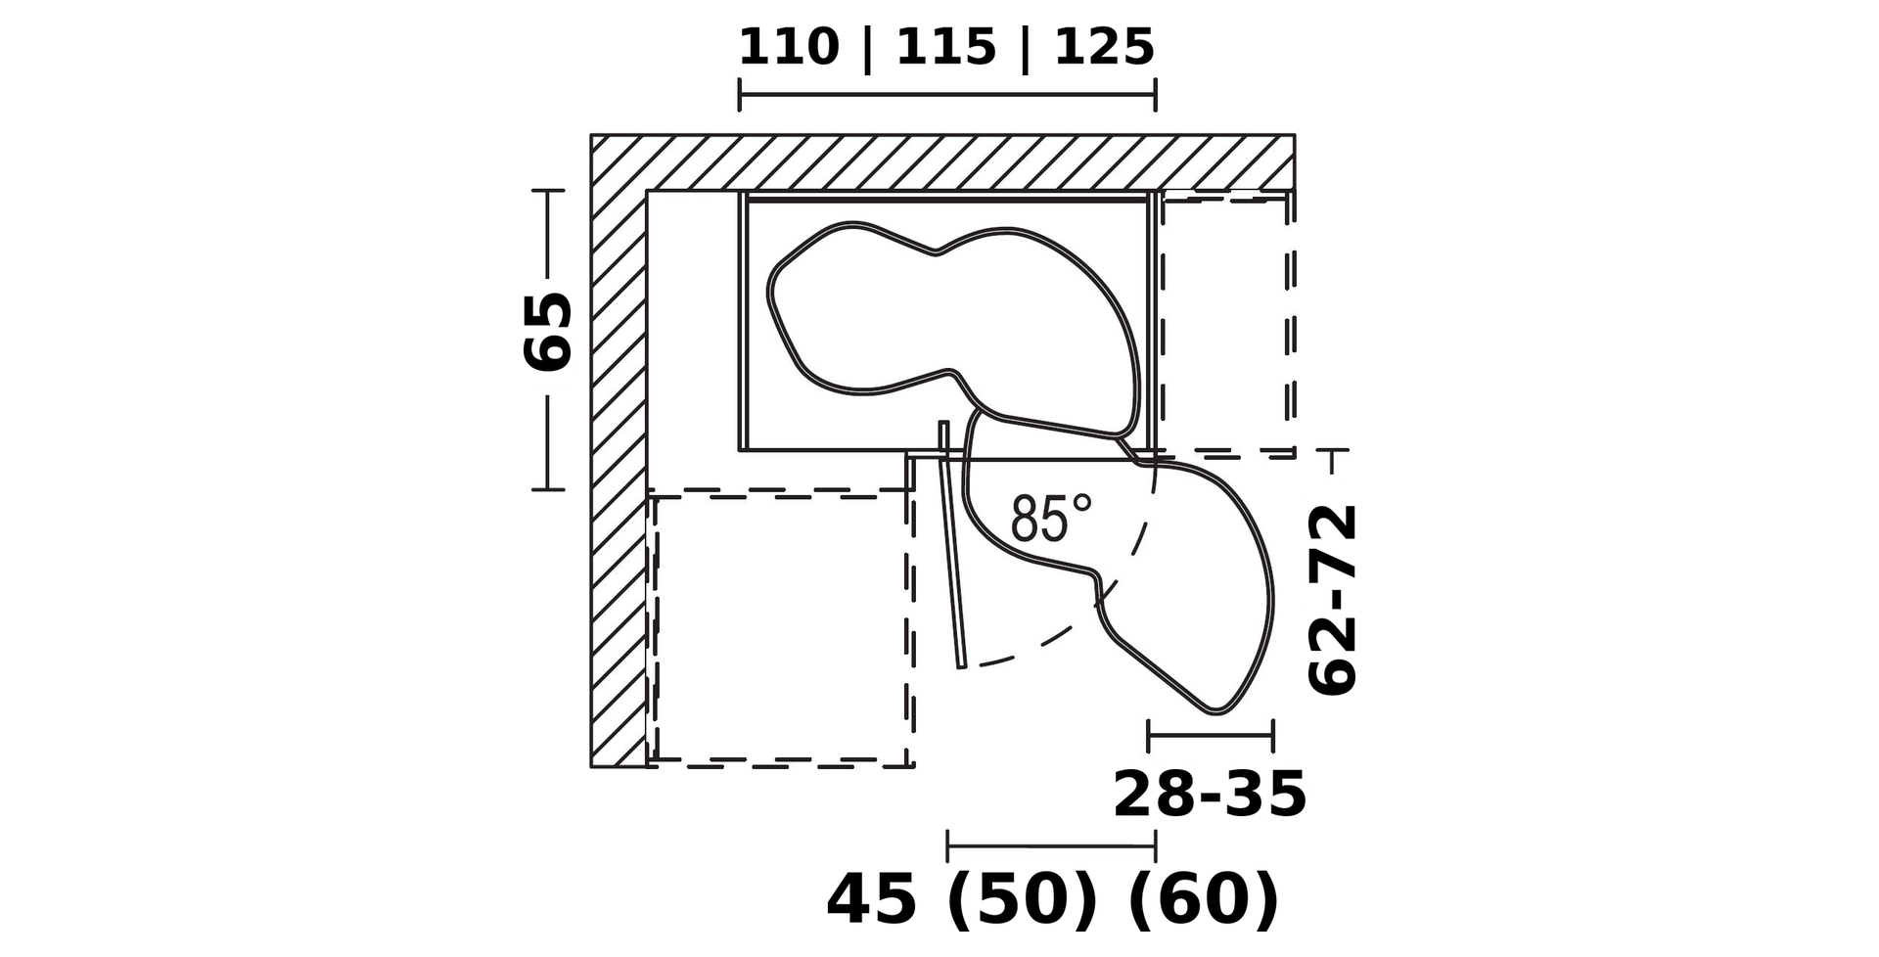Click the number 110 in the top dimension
(x=788, y=47)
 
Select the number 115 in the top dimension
(x=945, y=47)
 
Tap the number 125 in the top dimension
(x=1104, y=47)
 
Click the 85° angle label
(x=1051, y=518)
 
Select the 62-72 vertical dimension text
(x=1333, y=600)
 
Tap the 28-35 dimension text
(x=1210, y=794)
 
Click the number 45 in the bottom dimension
(x=871, y=899)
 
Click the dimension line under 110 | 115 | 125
(x=947, y=96)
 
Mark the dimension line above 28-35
(x=1211, y=734)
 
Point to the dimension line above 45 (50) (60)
(x=1051, y=845)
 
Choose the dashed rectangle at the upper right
(x=1290, y=323)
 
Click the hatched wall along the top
(x=942, y=162)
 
